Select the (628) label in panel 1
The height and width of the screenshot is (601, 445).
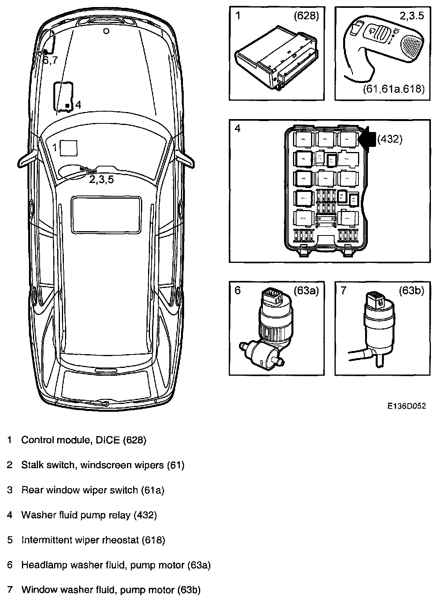(306, 16)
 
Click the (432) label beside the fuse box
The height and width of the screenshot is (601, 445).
(390, 139)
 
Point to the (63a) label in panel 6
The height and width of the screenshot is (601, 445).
(306, 290)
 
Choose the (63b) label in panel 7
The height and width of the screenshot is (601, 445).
(411, 291)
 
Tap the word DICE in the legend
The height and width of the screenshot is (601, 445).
(109, 440)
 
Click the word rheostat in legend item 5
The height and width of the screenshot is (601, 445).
(120, 540)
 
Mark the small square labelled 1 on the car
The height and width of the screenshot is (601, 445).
(69, 148)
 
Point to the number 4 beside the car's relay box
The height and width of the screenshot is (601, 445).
(78, 105)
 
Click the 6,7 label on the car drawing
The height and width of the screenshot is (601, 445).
(50, 60)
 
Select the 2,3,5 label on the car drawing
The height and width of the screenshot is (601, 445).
(101, 180)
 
